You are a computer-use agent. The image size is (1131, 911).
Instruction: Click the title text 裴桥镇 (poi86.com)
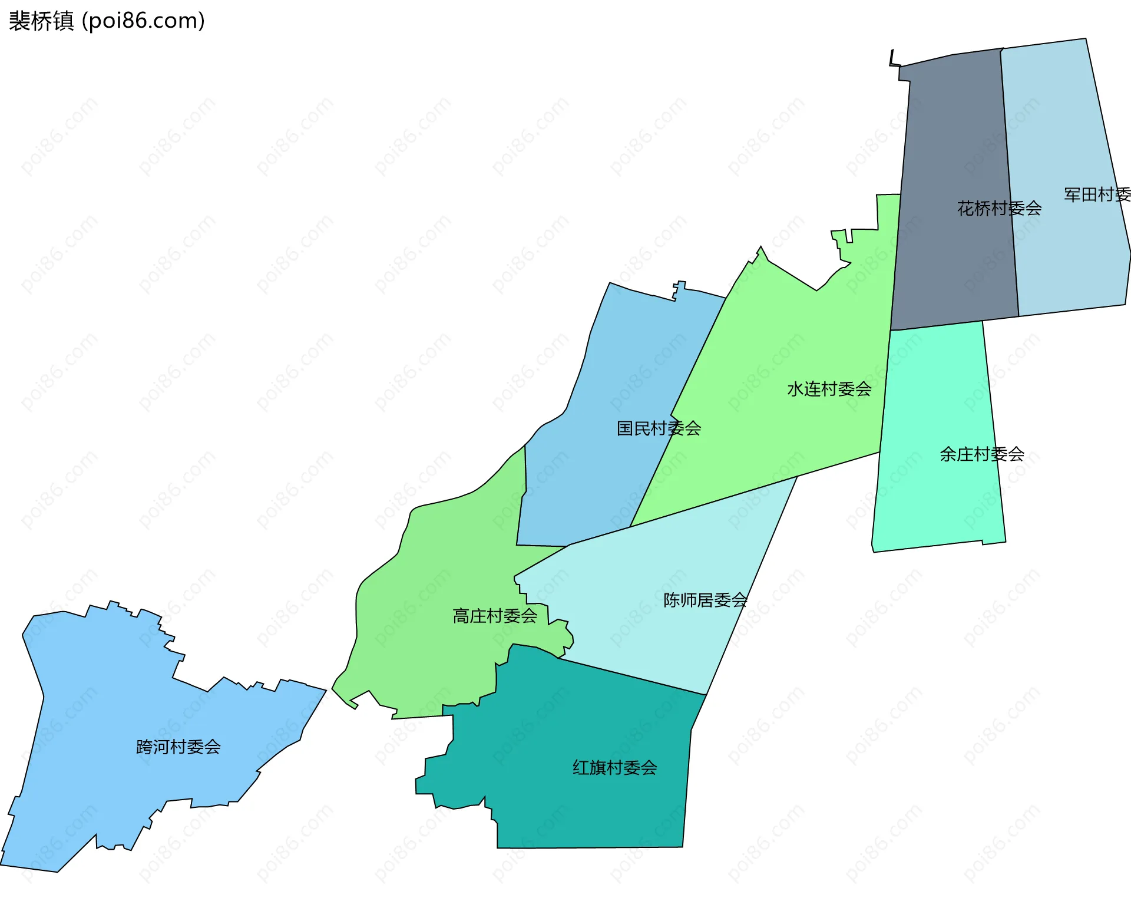pos(107,21)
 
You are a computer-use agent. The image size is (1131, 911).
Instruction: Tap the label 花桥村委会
pos(999,208)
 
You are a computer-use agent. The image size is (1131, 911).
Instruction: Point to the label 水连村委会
pos(829,389)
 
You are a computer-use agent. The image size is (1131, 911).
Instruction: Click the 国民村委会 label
pos(659,428)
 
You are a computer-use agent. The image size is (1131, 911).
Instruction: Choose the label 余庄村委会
pos(981,454)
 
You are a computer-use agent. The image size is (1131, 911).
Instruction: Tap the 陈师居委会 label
pos(705,600)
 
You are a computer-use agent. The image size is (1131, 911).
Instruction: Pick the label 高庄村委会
pos(495,616)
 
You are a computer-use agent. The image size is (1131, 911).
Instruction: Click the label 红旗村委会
pos(614,767)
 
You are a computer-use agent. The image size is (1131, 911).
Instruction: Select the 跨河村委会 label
pos(178,747)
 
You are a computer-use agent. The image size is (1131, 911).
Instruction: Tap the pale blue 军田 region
pos(1060,118)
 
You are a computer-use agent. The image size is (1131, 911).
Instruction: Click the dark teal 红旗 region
pos(577,813)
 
